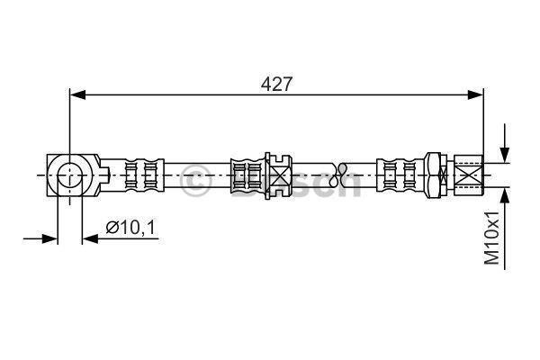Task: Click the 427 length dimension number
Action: tap(276, 84)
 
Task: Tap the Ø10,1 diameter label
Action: tap(130, 228)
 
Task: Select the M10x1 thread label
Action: tap(491, 238)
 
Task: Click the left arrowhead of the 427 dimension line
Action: tap(77, 94)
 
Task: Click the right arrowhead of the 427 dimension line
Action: tap(475, 94)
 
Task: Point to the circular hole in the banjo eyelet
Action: tap(70, 175)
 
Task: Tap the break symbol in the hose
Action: tap(342, 175)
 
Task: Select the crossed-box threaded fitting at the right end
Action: tap(469, 175)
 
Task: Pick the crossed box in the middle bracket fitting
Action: tap(280, 175)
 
